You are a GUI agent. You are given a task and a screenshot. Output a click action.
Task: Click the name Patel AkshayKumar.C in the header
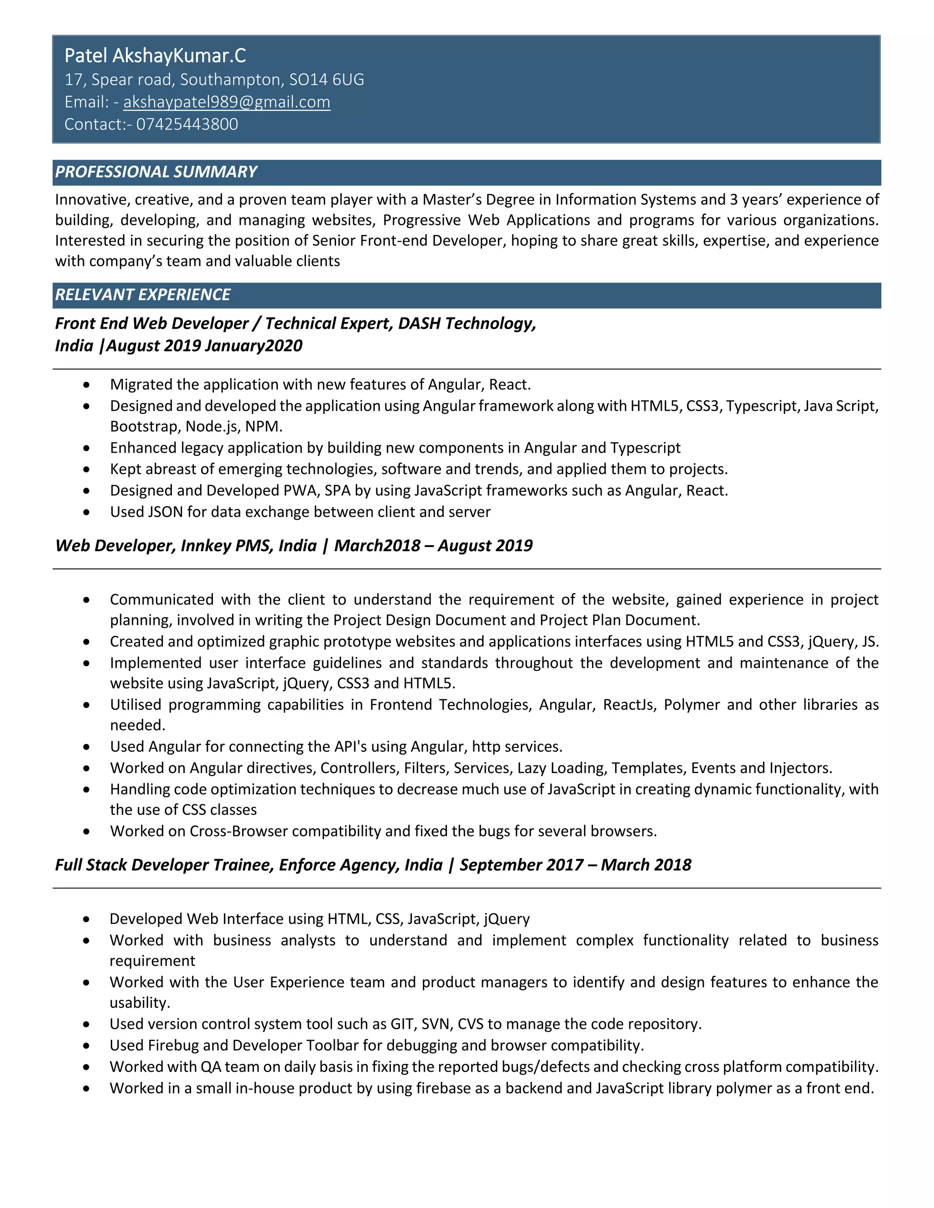tap(155, 56)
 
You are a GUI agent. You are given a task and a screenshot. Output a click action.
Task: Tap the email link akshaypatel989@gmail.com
tap(226, 102)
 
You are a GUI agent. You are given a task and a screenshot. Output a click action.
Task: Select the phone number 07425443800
tap(187, 124)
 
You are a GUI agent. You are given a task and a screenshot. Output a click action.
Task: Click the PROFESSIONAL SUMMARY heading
tap(156, 172)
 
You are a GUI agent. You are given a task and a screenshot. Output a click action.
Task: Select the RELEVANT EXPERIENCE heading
tap(143, 295)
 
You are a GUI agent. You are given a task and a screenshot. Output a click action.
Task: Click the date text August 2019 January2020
tap(204, 346)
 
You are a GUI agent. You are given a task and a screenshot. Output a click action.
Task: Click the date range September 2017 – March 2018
tap(576, 865)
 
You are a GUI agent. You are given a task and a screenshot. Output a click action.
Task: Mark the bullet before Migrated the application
tap(86, 385)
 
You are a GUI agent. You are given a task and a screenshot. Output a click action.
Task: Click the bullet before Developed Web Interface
tap(86, 919)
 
